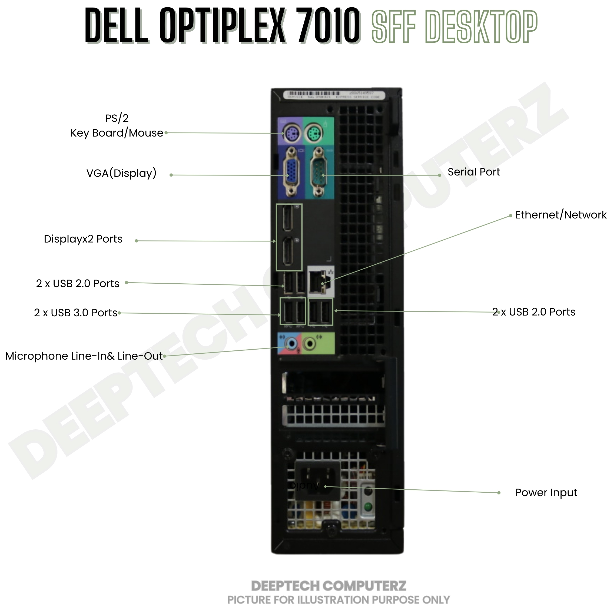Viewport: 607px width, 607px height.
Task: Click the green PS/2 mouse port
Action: [314, 133]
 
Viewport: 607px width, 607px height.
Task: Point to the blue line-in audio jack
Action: [292, 344]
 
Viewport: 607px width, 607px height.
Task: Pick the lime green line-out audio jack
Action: [310, 344]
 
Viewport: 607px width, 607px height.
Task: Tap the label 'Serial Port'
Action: [473, 172]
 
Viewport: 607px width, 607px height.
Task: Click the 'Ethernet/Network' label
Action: [561, 215]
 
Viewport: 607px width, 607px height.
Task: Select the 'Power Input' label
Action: [546, 492]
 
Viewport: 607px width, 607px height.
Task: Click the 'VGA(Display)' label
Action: [121, 173]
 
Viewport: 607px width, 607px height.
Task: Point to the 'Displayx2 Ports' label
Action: [83, 239]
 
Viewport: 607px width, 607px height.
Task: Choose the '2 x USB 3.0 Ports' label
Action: [76, 313]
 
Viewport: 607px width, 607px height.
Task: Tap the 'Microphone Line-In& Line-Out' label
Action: [84, 356]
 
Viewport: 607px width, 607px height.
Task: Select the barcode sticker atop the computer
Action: [334, 95]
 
